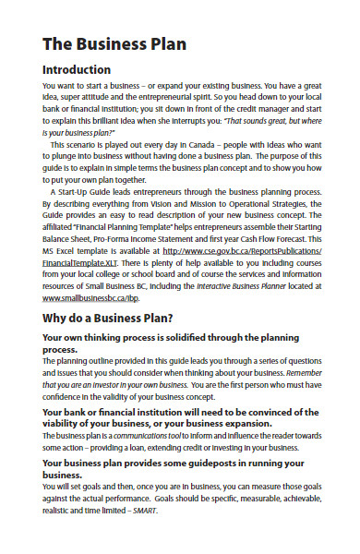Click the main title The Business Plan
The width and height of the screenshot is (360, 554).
(114, 43)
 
